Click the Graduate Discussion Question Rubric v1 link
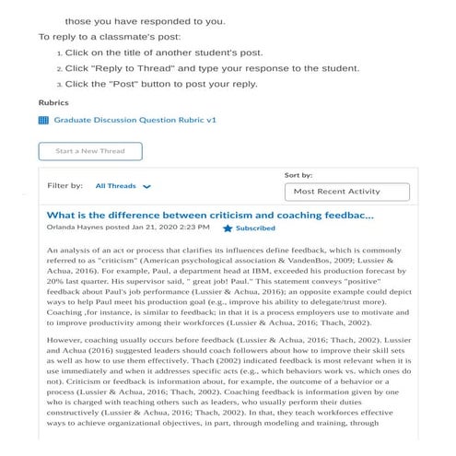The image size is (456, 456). pos(135,120)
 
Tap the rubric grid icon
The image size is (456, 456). pos(43,120)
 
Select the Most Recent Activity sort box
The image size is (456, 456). pos(348,192)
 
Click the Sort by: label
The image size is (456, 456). pos(324,174)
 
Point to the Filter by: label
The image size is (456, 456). pos(65,185)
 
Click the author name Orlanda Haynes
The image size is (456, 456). pos(76,228)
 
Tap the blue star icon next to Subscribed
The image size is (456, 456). pos(228,228)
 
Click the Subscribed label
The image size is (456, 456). pos(255,228)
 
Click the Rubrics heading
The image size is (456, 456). pos(53,102)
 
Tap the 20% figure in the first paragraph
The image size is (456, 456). pos(56,286)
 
